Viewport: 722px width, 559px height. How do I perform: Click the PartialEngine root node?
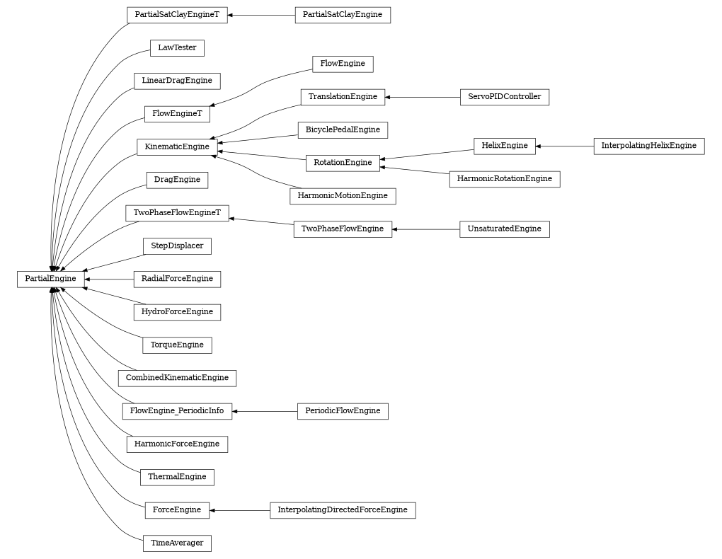(50, 279)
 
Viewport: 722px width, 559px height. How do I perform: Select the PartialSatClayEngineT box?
(177, 15)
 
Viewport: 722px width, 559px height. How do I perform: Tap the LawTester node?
(177, 48)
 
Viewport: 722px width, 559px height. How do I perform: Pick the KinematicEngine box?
(177, 146)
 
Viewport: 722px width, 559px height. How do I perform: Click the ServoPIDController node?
(504, 97)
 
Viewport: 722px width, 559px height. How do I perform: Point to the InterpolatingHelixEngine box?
(648, 146)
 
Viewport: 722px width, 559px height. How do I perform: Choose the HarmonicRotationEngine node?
(504, 179)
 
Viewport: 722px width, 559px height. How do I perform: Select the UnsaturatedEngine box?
(504, 229)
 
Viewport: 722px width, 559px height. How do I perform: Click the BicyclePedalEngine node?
(343, 129)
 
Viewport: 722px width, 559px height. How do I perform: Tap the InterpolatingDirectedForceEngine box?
(343, 510)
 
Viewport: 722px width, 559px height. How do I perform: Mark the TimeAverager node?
(177, 543)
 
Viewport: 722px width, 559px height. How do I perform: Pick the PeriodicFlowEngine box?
(343, 411)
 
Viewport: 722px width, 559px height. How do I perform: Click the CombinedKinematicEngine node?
(177, 378)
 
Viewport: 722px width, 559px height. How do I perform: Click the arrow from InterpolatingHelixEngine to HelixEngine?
(565, 146)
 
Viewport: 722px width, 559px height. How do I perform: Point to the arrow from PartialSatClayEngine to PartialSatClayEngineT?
(261, 15)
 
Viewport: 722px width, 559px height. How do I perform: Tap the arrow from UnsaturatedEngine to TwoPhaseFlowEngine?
(425, 229)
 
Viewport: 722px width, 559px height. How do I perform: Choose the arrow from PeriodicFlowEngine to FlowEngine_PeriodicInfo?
(265, 411)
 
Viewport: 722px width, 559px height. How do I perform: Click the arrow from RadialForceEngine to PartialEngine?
(109, 279)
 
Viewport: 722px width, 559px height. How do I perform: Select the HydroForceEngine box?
(177, 312)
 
